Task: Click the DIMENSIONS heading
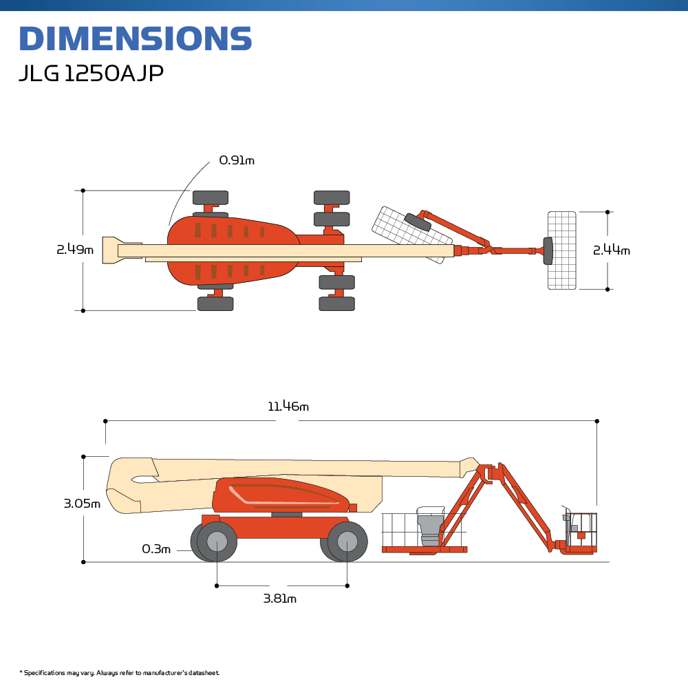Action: (135, 39)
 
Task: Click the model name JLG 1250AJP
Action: (91, 74)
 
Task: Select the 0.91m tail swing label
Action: (237, 160)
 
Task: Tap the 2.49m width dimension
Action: (74, 250)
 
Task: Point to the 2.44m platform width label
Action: (611, 250)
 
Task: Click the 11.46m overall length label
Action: (288, 407)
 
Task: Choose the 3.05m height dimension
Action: (82, 504)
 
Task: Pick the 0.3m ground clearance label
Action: (155, 549)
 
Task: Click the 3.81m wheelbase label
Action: (279, 599)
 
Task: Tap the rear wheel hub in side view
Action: (217, 541)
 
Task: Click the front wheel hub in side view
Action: (347, 541)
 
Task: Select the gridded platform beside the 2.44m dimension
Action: (561, 250)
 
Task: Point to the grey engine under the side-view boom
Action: (431, 528)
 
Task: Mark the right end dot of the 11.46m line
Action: (596, 420)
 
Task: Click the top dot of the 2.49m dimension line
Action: (83, 190)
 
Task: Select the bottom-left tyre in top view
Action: (215, 303)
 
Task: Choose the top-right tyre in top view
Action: (332, 197)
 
